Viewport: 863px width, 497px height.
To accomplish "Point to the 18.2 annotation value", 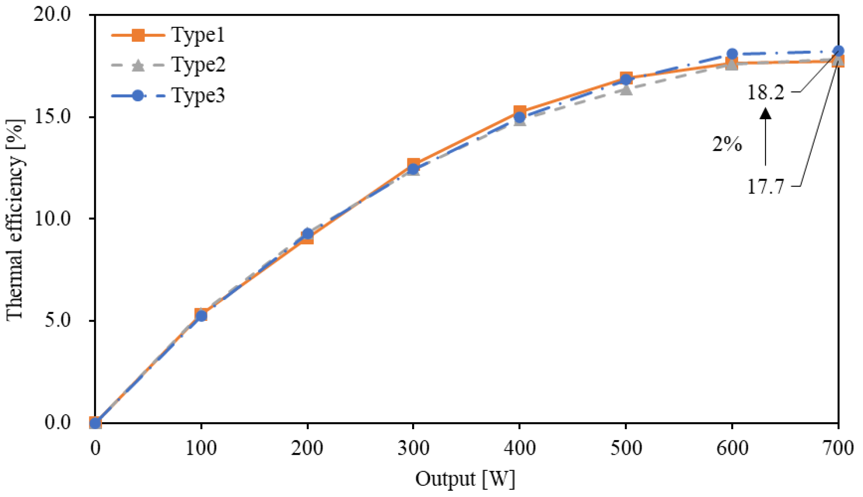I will (x=766, y=92).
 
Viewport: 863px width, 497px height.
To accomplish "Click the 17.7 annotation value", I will (x=766, y=187).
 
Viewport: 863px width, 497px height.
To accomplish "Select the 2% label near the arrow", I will (x=727, y=144).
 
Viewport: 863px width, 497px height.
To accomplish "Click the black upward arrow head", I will (x=766, y=114).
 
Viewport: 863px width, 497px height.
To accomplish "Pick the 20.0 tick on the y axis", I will (x=52, y=14).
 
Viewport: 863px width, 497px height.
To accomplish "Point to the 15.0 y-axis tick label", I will (x=52, y=117).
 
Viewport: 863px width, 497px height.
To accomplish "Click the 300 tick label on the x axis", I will (x=413, y=448).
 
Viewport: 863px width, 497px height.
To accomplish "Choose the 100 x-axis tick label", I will (x=201, y=448).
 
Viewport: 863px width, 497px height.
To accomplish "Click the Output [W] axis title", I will (x=465, y=479).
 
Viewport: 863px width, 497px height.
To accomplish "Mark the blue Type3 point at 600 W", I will (x=732, y=54).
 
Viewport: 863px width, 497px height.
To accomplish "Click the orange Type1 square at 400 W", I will (x=520, y=112).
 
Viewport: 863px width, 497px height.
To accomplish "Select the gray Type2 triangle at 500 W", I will (x=626, y=90).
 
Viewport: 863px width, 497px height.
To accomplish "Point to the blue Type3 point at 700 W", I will (x=838, y=51).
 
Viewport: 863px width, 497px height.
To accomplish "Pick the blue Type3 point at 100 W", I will (x=201, y=316).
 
